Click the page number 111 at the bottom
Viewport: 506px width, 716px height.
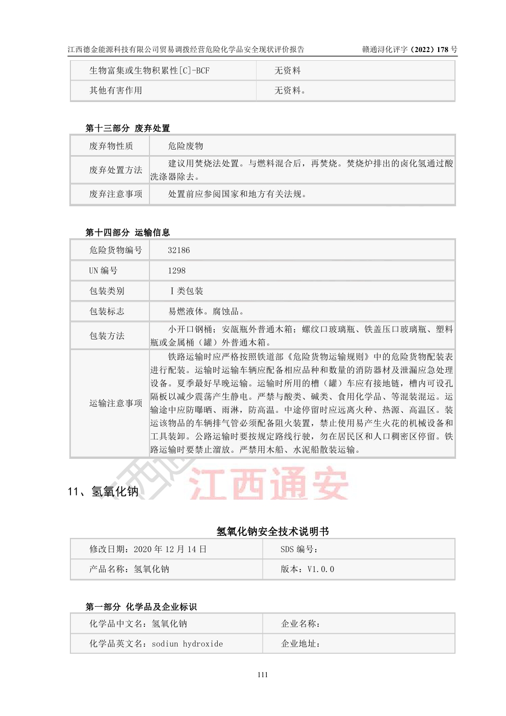[263, 675]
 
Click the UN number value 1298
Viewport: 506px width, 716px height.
[177, 270]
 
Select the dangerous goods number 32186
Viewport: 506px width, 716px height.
[179, 250]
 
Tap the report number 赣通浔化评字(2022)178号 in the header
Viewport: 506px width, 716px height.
[410, 50]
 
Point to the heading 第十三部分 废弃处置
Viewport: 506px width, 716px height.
[128, 128]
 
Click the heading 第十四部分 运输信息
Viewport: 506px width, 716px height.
[128, 233]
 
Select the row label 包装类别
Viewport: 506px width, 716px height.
[107, 291]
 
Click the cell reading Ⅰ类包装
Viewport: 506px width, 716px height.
[186, 291]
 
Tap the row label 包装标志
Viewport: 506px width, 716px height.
[107, 311]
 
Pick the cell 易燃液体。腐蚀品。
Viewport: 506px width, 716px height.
[207, 311]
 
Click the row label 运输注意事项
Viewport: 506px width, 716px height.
[116, 403]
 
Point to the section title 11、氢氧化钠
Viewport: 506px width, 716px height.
[103, 491]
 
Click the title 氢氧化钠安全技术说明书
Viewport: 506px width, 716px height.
[272, 531]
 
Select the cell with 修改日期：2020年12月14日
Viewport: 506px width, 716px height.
[148, 549]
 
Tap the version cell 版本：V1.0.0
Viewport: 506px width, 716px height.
[307, 569]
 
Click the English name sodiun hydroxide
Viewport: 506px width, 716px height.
[187, 644]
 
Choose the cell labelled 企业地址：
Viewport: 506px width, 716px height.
[301, 644]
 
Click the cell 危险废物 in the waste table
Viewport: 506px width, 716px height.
[186, 146]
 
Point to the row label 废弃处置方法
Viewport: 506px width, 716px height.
[116, 170]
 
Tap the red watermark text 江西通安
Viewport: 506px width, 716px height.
[269, 483]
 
